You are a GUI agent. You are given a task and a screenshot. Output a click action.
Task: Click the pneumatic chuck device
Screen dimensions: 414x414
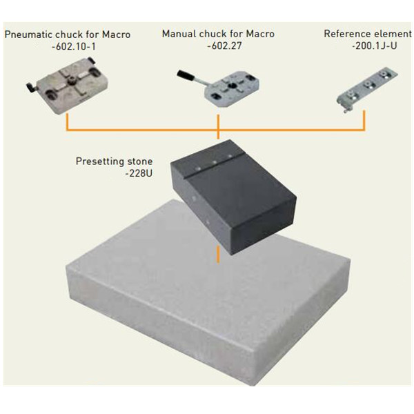(x=68, y=86)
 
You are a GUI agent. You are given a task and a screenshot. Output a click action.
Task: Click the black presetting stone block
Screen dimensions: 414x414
(x=233, y=197)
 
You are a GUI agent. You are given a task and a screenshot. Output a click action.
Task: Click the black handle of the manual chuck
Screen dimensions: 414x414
(x=186, y=75)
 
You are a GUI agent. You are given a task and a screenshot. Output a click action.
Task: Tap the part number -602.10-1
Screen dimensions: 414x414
(x=74, y=47)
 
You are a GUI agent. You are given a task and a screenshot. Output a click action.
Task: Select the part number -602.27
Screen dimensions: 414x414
(x=224, y=46)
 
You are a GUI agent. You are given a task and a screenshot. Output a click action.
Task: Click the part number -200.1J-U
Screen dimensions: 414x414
(x=375, y=46)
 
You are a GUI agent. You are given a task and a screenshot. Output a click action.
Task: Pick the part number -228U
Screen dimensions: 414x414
(x=139, y=173)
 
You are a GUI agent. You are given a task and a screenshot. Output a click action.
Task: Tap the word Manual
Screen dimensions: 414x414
(x=179, y=34)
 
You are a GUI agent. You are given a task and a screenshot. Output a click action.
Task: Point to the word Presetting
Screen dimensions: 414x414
(x=99, y=161)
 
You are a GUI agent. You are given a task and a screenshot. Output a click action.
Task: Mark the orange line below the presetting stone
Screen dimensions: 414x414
(x=218, y=255)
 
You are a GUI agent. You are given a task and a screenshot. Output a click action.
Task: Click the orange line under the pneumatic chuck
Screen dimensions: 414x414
(x=68, y=122)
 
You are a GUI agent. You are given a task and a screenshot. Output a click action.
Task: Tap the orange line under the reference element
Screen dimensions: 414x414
(x=364, y=121)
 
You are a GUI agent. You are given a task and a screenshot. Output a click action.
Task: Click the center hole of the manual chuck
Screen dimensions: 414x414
(x=233, y=86)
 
